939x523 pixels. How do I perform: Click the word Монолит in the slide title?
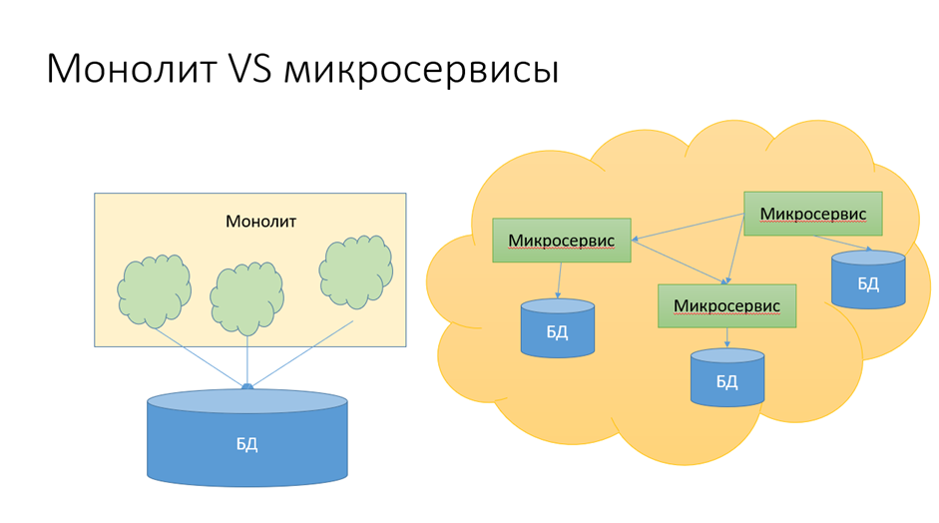pos(129,70)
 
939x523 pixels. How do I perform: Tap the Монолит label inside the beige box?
pos(260,221)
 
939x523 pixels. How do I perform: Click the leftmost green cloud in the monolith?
pos(154,290)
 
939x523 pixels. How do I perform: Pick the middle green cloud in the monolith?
pos(246,297)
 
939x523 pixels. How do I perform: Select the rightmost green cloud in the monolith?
pos(355,270)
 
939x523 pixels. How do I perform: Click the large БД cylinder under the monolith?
pos(246,439)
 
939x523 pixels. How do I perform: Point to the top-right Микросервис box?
pos(812,214)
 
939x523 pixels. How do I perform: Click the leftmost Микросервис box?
pos(561,241)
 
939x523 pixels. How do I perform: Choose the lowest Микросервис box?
pos(726,305)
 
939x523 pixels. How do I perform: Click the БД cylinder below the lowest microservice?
pos(726,377)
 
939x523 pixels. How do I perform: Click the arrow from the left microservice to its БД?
pos(559,280)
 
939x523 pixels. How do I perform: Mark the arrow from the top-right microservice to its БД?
pos(842,243)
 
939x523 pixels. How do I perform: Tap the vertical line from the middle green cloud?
pos(247,359)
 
